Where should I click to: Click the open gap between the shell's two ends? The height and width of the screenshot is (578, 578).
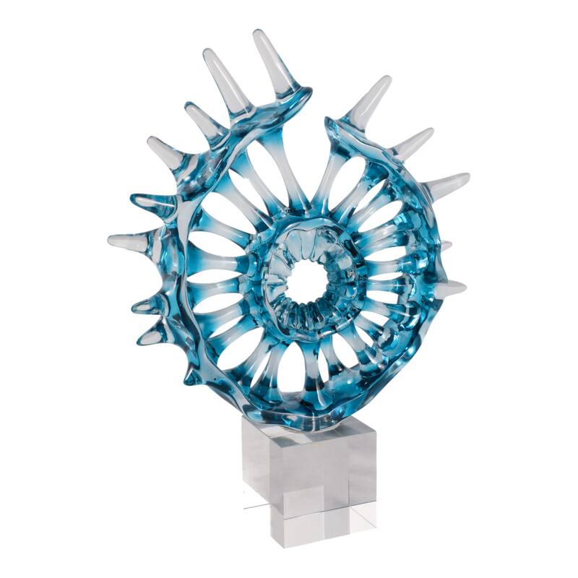tap(318, 123)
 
